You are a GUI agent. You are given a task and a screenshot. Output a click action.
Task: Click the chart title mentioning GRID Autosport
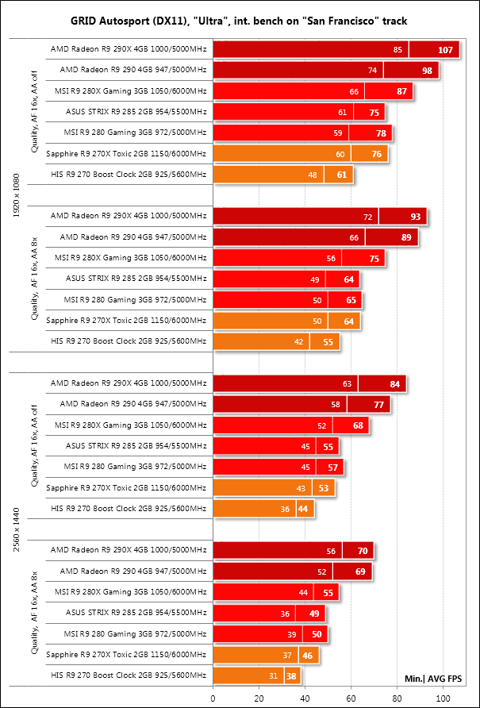(x=240, y=20)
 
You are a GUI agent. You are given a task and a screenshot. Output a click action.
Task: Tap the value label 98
(x=426, y=71)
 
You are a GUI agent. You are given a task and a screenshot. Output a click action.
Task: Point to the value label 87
(x=401, y=91)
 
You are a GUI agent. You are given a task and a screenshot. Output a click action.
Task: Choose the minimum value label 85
(x=397, y=50)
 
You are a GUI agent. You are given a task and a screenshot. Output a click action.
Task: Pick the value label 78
(x=381, y=133)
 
